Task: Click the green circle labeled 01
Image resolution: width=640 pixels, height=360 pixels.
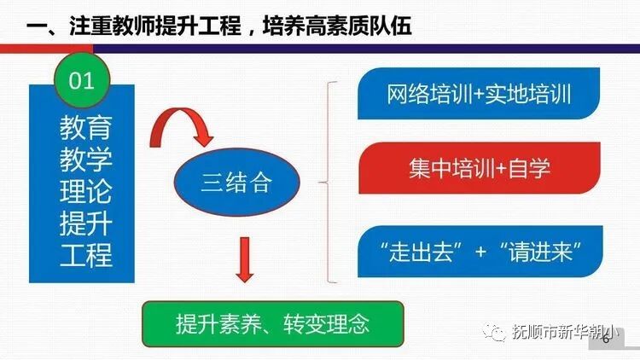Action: coord(81,83)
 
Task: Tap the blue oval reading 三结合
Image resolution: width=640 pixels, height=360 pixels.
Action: coord(236,182)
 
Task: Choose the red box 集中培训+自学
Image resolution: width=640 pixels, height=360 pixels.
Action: coord(479,167)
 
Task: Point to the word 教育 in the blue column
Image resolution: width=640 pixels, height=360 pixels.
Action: coord(84,129)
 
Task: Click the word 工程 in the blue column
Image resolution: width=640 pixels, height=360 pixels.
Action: coord(84,253)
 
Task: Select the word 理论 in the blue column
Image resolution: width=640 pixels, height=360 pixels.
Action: coord(84,191)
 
